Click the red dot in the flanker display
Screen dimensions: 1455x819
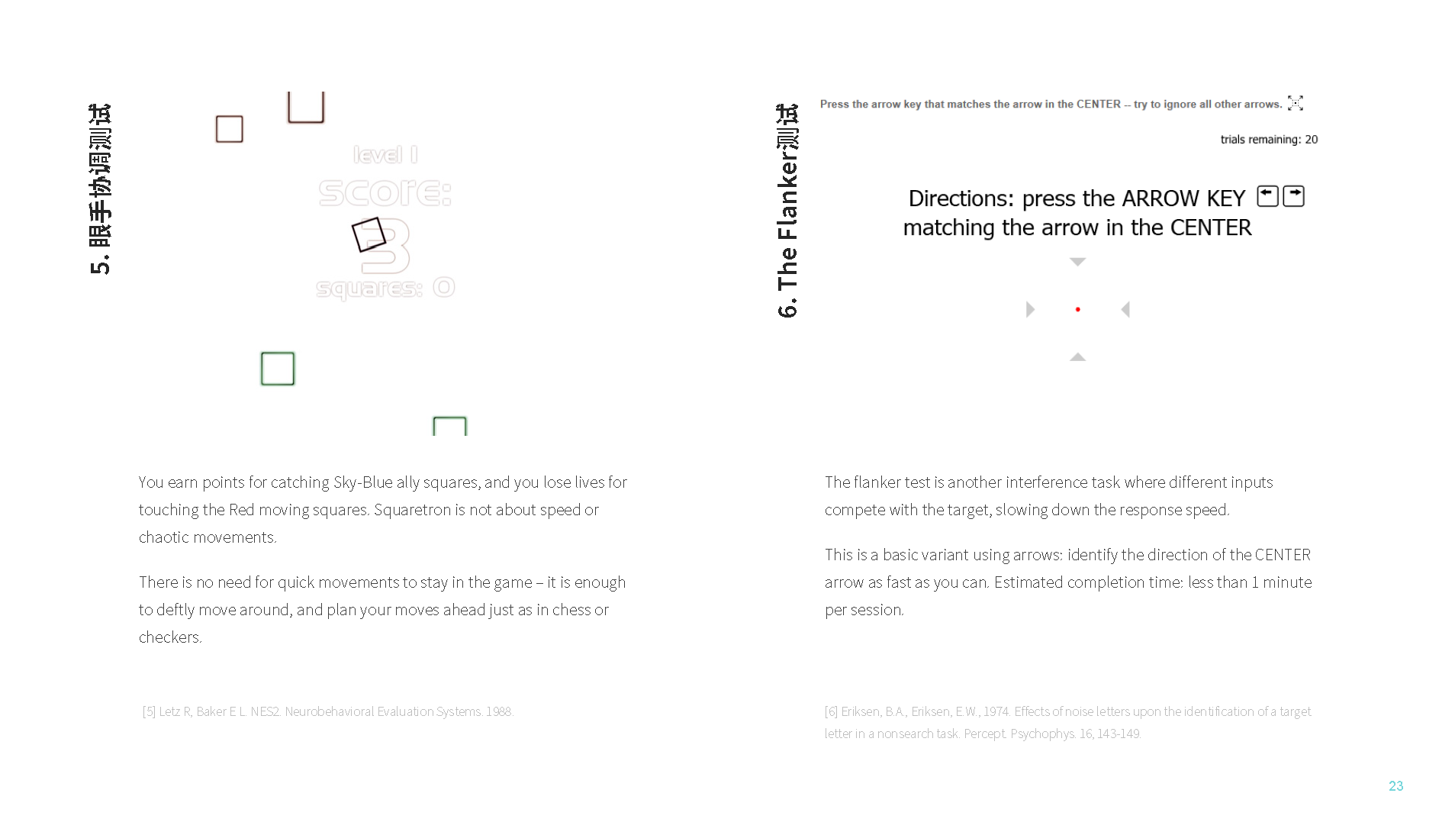1077,309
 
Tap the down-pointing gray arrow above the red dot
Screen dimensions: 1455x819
1077,262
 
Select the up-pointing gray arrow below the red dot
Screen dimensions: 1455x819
1077,356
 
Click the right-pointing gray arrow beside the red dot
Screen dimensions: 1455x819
1030,309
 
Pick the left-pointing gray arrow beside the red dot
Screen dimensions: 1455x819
1125,309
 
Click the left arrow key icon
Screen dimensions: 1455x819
1267,196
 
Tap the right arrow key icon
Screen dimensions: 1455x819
1293,196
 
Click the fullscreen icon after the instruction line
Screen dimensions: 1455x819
1296,103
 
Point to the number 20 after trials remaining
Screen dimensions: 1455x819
1311,140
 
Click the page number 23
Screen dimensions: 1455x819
1395,786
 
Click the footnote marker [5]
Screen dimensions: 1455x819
149,711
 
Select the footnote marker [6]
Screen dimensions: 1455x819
831,711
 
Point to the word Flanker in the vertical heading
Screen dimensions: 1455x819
787,192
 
